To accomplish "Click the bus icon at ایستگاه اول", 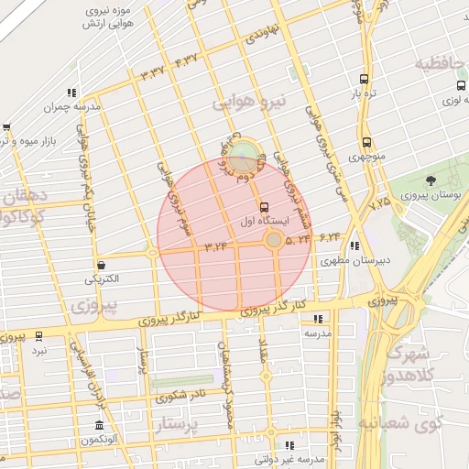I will (265, 206).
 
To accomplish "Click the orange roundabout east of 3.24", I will (273, 240).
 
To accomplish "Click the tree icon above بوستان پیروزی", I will (431, 180).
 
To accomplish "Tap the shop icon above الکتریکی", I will (101, 264).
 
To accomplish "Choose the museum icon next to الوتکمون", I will (99, 426).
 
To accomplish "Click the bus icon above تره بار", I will (365, 80).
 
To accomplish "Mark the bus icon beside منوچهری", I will (367, 142).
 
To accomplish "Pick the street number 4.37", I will (186, 60).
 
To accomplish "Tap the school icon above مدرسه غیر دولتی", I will (290, 445).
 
